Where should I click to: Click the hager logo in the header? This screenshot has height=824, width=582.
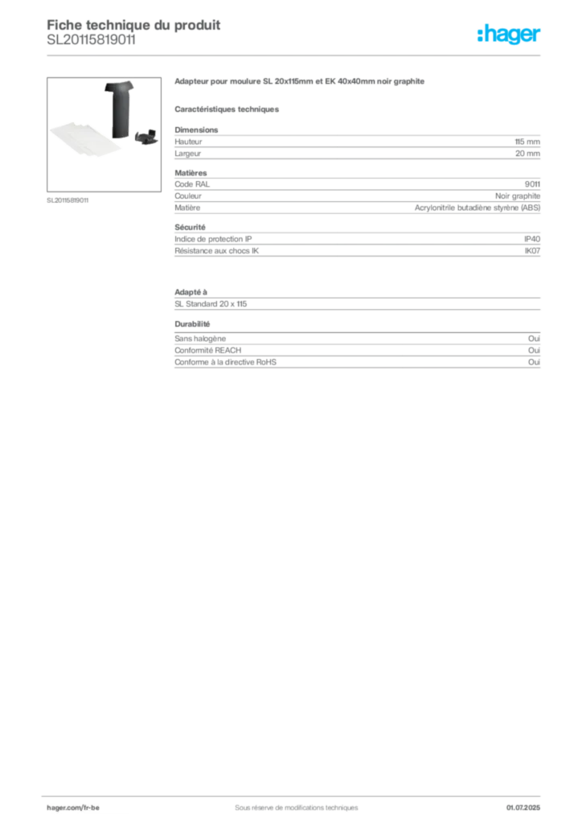tap(508, 35)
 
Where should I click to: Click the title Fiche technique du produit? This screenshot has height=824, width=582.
tap(133, 25)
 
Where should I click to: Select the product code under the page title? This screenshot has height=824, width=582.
tap(91, 40)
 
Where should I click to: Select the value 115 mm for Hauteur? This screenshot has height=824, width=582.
tap(527, 142)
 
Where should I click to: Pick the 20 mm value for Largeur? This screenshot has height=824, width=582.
tap(527, 154)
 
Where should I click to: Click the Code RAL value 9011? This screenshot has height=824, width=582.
tap(532, 184)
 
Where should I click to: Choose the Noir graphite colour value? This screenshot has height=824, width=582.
tap(518, 196)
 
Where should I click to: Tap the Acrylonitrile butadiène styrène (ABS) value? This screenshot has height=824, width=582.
tap(477, 208)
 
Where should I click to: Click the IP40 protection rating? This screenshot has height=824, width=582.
tap(531, 239)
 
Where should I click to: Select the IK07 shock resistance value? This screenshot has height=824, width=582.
tap(532, 251)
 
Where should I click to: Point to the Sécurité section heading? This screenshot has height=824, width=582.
tap(190, 227)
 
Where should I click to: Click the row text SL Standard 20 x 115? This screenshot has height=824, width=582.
tap(211, 303)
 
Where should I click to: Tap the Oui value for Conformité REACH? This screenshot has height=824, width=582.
tap(534, 350)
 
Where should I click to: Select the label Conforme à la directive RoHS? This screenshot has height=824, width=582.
tap(225, 362)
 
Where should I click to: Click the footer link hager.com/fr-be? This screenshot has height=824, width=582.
tap(73, 808)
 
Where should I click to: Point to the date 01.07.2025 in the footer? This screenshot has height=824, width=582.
tap(523, 808)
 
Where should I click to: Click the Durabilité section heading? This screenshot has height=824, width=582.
tap(192, 324)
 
